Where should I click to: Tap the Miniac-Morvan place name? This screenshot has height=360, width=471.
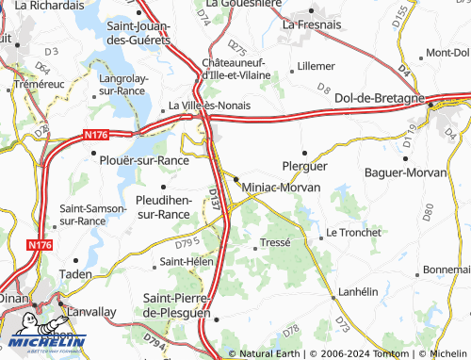(282, 188)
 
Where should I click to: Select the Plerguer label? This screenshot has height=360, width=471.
(305, 165)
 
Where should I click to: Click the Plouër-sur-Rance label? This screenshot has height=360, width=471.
(144, 160)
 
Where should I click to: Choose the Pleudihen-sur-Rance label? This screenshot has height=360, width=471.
(164, 207)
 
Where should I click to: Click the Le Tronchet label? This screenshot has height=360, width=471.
(353, 232)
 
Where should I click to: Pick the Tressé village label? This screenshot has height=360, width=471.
(275, 242)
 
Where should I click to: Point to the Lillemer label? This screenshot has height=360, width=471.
(316, 66)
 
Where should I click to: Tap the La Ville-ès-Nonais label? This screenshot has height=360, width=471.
(209, 106)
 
